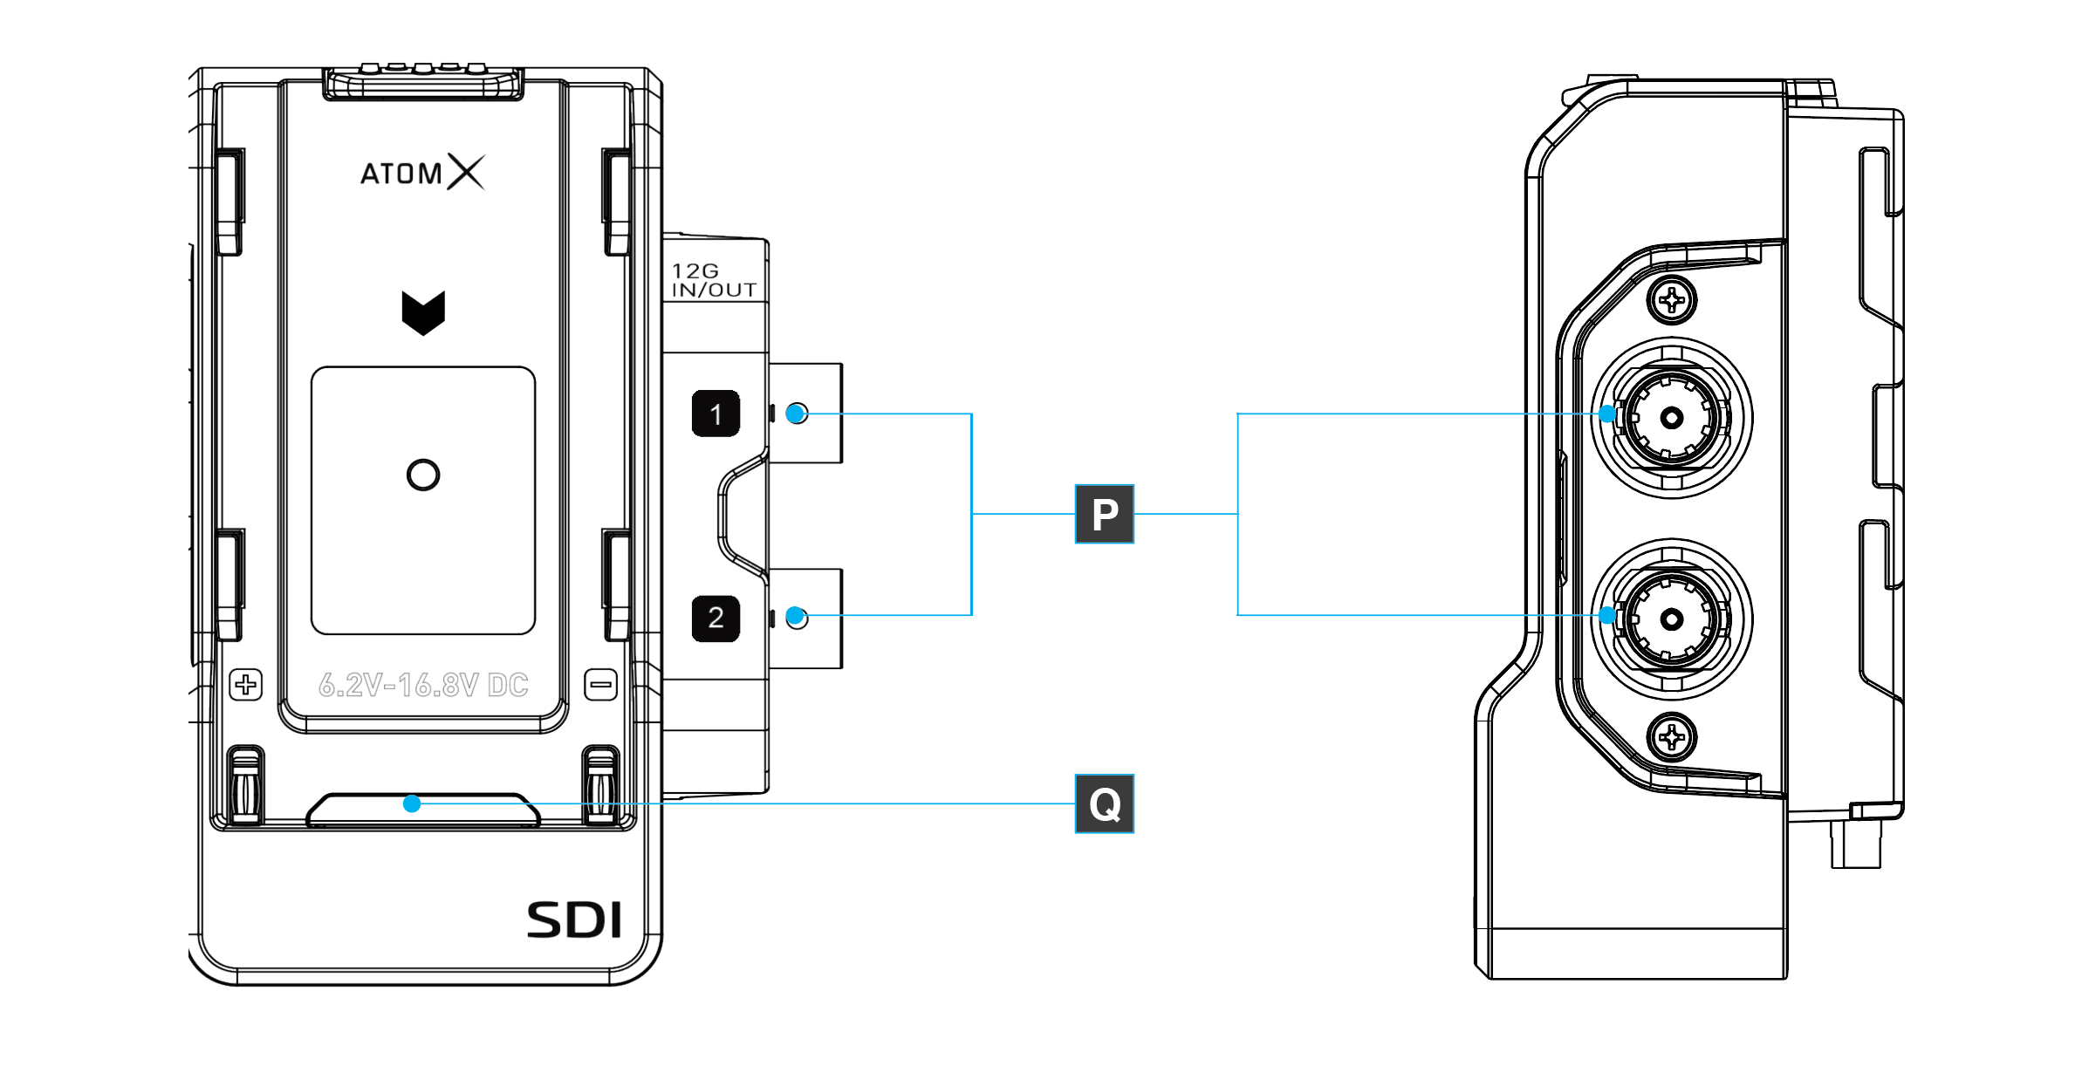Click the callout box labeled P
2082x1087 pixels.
pos(1104,514)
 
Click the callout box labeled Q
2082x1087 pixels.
pos(1104,803)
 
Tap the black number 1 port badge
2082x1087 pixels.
pos(716,414)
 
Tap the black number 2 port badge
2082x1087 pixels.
pos(716,618)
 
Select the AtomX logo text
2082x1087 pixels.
pos(422,172)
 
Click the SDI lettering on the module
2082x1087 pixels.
pos(574,920)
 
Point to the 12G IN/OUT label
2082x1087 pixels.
pos(713,280)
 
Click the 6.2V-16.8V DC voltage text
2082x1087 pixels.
pos(423,685)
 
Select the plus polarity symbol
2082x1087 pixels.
pos(246,684)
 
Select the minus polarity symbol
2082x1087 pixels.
pos(600,684)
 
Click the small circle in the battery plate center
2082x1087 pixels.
pos(423,475)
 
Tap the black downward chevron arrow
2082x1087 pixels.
pos(423,312)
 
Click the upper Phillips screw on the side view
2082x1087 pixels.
pos(1671,301)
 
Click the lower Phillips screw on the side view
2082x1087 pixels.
pos(1671,737)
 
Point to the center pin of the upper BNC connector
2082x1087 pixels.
pos(1671,418)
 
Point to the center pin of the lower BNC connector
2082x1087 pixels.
pos(1671,619)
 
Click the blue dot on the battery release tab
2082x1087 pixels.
pos(412,803)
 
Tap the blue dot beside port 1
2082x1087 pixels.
pos(795,414)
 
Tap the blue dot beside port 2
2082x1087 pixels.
pos(795,617)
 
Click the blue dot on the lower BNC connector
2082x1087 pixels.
pos(1607,616)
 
